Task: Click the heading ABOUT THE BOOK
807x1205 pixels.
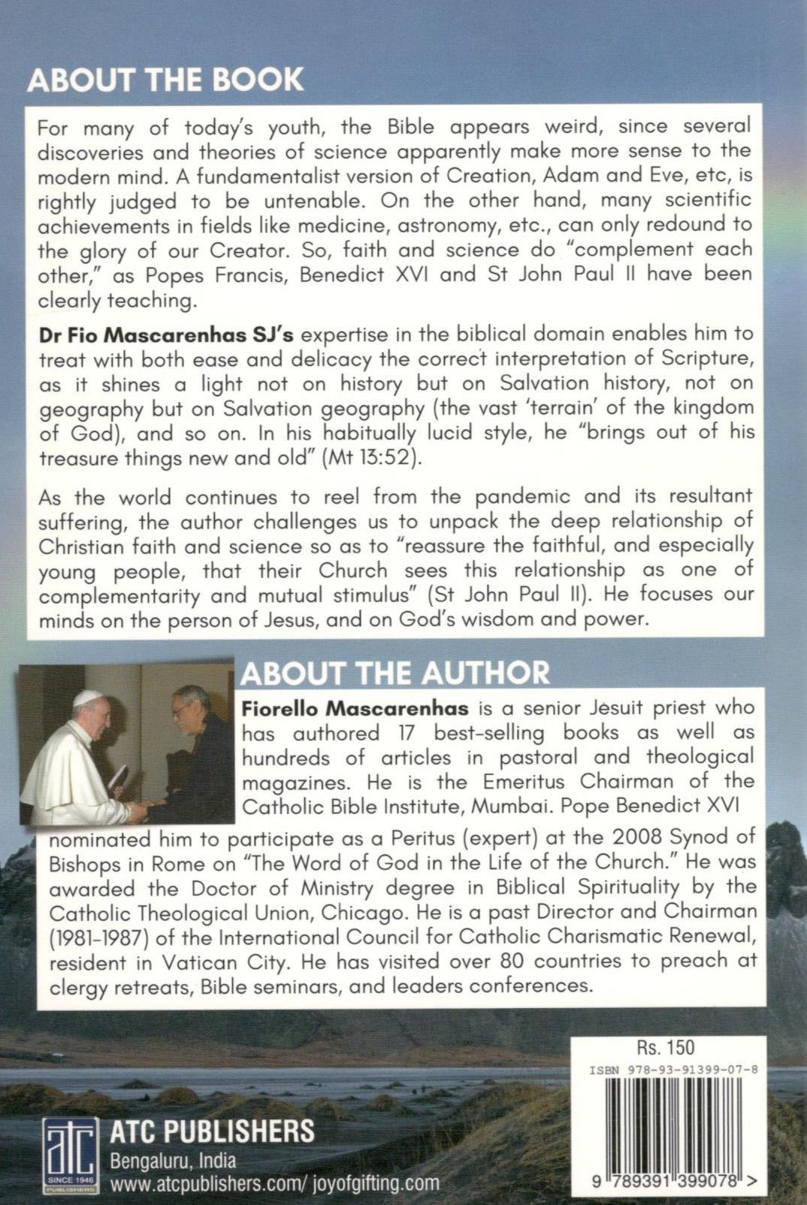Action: pos(165,80)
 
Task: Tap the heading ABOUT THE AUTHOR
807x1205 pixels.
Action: pos(395,673)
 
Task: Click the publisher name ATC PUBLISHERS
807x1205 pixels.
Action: pos(212,1131)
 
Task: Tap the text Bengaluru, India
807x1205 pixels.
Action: pos(173,1161)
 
